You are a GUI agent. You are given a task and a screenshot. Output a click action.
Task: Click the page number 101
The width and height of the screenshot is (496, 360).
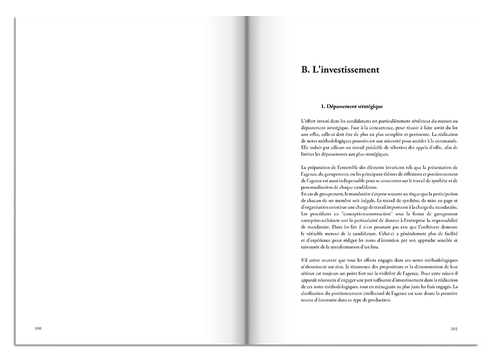coord(454,328)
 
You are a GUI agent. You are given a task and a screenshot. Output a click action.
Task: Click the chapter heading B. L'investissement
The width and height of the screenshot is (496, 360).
coord(340,70)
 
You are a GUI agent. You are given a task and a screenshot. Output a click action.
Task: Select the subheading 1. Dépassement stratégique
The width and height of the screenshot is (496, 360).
coord(352,107)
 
